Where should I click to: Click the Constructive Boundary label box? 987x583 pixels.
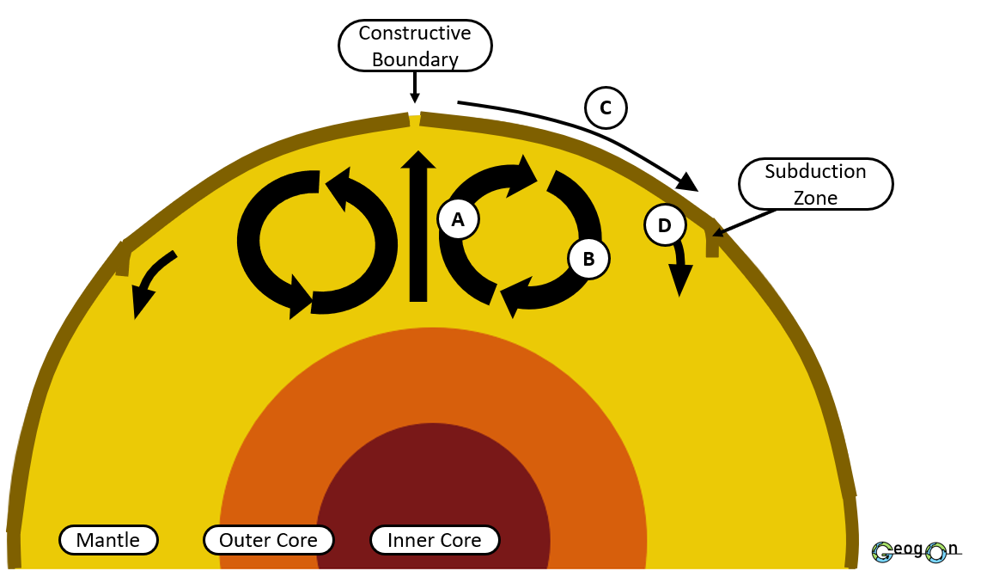[x=415, y=46]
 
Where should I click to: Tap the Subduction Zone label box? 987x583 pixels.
[x=815, y=184]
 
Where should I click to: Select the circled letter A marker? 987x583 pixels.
[x=458, y=219]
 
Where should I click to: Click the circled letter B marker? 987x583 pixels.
[x=588, y=258]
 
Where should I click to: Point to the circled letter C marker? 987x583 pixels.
[x=606, y=108]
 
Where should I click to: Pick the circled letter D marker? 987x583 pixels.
[x=664, y=226]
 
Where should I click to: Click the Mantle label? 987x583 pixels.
[x=108, y=540]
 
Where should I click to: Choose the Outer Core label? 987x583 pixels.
[x=268, y=540]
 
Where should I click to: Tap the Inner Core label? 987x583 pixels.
[x=435, y=540]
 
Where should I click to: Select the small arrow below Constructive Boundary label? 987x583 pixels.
[x=415, y=87]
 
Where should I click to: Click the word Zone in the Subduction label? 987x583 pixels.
[x=815, y=197]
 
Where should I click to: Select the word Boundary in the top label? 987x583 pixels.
[x=415, y=59]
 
